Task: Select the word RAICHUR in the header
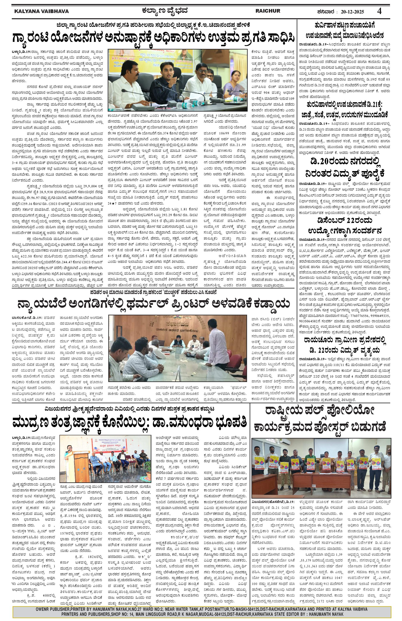(x=268, y=11)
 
